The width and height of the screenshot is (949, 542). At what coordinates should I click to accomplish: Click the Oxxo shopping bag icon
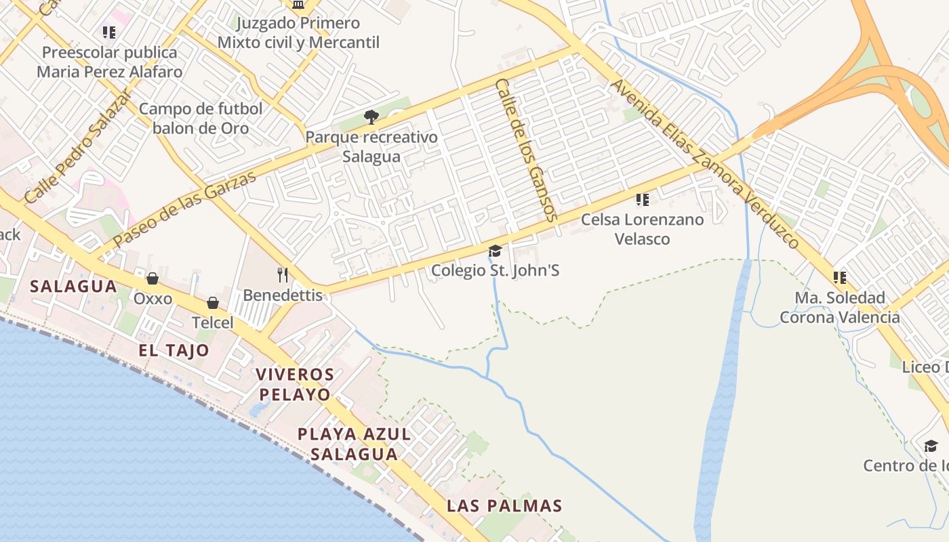point(153,278)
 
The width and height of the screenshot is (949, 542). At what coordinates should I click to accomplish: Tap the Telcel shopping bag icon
point(213,303)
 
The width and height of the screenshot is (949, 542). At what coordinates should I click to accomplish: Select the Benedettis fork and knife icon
point(283,274)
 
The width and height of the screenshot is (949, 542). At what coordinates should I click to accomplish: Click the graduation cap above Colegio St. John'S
point(496,251)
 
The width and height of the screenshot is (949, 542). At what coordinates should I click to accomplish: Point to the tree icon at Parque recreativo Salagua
point(371,117)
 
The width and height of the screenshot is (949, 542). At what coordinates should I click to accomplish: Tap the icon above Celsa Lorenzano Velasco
point(642,200)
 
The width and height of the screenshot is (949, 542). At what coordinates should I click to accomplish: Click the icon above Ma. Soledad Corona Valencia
point(840,277)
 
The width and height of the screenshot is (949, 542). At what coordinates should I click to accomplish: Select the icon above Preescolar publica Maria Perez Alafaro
point(109,32)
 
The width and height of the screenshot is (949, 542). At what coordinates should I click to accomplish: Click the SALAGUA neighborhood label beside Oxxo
point(74,286)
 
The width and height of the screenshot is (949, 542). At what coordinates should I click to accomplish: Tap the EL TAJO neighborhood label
point(174,350)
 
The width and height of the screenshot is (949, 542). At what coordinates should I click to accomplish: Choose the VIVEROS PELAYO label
point(295,384)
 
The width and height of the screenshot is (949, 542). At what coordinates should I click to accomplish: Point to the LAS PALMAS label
point(504,505)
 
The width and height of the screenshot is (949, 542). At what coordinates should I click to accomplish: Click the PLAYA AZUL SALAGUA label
point(355,444)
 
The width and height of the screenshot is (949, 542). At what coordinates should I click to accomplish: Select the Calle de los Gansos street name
point(526,150)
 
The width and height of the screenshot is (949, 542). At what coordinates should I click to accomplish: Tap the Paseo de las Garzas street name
point(184,209)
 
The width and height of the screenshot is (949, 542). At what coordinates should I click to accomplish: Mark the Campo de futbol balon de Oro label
point(201,119)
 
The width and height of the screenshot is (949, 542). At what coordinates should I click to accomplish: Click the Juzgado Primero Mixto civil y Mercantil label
point(298,33)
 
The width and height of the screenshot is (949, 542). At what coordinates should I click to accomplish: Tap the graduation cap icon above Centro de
point(931,446)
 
